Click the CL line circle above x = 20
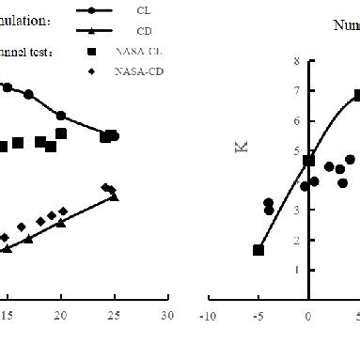coord(61,116)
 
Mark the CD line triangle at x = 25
coord(114,196)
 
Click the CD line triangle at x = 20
coord(61,223)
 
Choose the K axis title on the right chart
coord(242,147)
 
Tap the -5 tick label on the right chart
coord(258,318)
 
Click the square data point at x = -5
coord(258,250)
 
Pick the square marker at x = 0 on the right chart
coord(308,161)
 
